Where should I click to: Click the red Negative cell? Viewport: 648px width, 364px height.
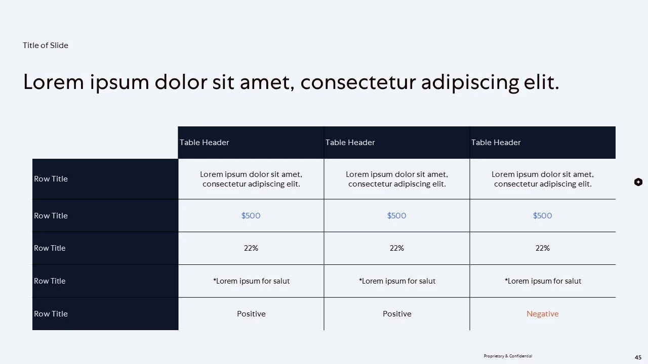tap(542, 314)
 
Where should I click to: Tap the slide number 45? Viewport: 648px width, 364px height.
tap(638, 357)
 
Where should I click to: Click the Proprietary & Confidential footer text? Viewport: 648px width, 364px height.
tap(508, 356)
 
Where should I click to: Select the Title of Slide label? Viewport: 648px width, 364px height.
tap(46, 45)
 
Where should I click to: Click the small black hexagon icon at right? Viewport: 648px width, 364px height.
tap(638, 182)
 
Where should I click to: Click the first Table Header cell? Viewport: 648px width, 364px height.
tap(205, 143)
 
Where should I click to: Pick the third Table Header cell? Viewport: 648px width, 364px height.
tap(496, 143)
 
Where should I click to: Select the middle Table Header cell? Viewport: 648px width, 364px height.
tap(350, 143)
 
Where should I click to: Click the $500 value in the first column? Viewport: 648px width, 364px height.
tap(251, 216)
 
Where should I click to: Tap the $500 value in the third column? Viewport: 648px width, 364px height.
tap(542, 216)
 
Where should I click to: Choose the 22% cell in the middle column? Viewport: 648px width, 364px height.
tap(397, 248)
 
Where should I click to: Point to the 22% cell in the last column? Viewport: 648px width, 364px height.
tap(542, 248)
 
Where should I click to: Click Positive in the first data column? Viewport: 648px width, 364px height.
tap(251, 314)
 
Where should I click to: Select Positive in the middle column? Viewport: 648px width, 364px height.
tap(397, 314)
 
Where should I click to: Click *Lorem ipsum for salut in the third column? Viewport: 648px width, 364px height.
tap(543, 281)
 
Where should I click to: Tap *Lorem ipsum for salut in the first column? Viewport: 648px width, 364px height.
tap(251, 281)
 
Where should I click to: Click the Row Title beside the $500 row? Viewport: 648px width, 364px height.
tap(51, 216)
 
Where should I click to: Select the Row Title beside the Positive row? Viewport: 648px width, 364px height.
tap(51, 314)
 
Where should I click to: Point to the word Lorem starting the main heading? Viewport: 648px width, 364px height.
tap(53, 82)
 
